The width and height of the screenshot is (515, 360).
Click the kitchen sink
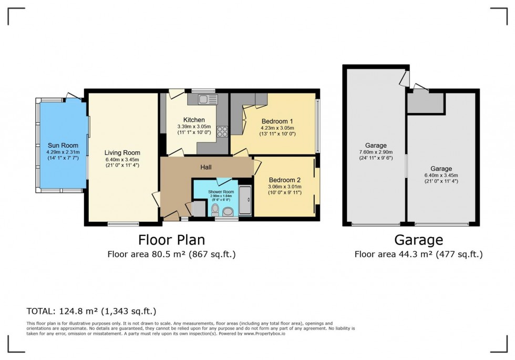(x=209, y=98)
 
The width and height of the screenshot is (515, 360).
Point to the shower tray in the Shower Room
(x=245, y=200)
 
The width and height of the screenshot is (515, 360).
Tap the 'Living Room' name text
(x=122, y=153)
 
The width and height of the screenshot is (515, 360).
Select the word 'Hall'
(x=205, y=167)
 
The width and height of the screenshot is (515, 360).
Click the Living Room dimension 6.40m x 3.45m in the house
(x=122, y=160)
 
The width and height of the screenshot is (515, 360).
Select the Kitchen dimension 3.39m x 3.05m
(x=193, y=127)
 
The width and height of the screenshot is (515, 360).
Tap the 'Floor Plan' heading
(x=171, y=240)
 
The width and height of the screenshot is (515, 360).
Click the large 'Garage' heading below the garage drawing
(x=418, y=240)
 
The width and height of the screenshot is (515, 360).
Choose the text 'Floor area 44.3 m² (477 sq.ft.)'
(x=418, y=255)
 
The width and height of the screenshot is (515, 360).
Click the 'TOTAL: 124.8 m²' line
(x=91, y=311)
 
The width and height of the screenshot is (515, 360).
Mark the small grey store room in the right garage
(x=425, y=104)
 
